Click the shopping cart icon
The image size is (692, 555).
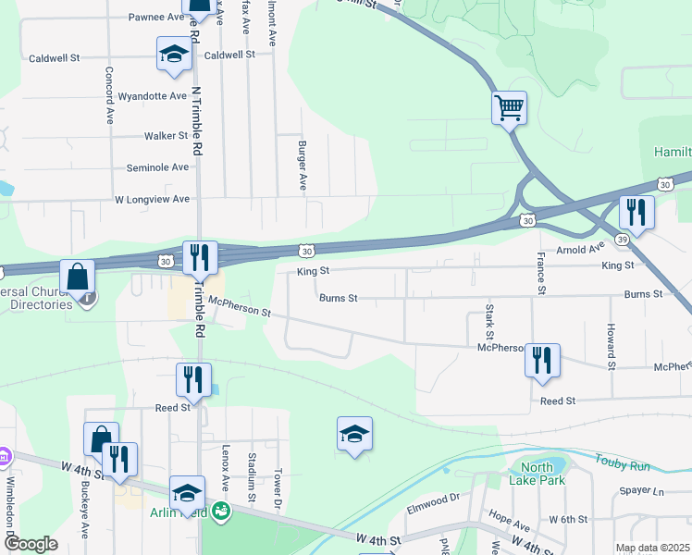[x=509, y=108]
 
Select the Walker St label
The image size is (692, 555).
[x=167, y=136]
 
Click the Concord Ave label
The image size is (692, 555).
[x=109, y=96]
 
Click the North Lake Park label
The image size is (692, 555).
[x=537, y=474]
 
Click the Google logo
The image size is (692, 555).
[x=31, y=544]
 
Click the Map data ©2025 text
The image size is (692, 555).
[x=652, y=548]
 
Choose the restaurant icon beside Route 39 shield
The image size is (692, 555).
[x=636, y=213]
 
